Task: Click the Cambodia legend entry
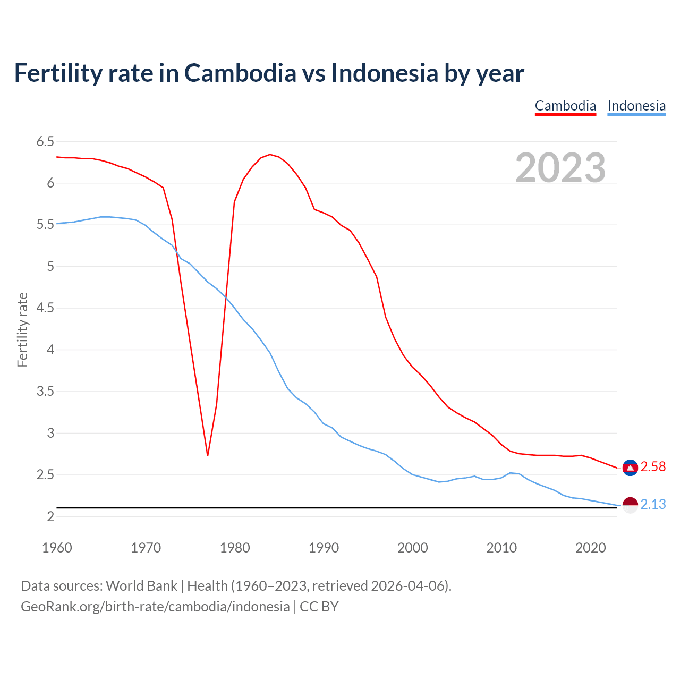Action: coord(565,106)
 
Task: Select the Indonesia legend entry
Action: coord(636,106)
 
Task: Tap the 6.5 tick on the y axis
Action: coord(45,141)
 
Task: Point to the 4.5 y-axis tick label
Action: coord(45,308)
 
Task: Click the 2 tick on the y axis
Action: coord(50,516)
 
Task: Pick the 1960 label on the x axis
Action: coord(57,548)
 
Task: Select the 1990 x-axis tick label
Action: coord(324,548)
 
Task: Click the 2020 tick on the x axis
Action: coord(590,548)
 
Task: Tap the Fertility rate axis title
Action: coord(22,329)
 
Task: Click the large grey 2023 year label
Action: coord(560,168)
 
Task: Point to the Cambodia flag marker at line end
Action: coord(630,467)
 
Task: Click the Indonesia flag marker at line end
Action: coord(630,505)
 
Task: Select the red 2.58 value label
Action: coord(653,467)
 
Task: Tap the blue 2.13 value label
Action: coord(653,505)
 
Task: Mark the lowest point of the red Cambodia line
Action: coord(208,455)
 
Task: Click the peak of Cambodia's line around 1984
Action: coord(270,155)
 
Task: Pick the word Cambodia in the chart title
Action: coord(240,73)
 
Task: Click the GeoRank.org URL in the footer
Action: coord(155,607)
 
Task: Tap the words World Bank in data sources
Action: coord(141,586)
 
